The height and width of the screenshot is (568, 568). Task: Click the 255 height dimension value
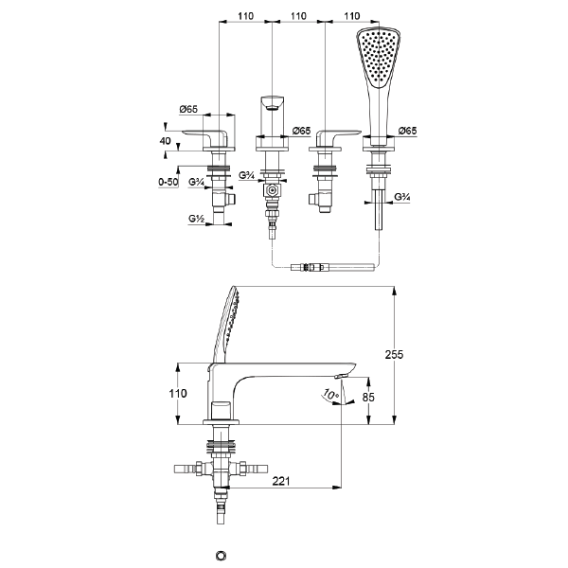point(396,354)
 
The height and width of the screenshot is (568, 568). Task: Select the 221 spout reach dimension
point(277,481)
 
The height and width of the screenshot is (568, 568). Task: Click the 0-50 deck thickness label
point(169,181)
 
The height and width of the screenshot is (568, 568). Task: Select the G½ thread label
point(197,219)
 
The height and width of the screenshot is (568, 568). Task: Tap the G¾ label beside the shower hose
point(400,197)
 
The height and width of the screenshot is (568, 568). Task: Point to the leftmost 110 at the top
point(246,16)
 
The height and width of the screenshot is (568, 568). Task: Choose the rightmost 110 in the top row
point(351,16)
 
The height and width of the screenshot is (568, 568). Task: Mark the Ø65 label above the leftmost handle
point(188,109)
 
